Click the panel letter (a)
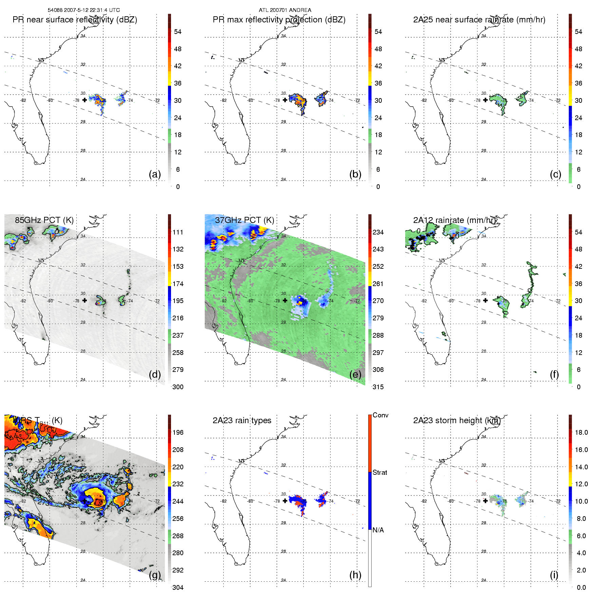pos(155,174)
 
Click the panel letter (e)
pos(355,375)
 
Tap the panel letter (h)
pos(355,575)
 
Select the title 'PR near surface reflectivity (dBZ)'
pos(75,20)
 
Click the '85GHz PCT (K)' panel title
pos(44,220)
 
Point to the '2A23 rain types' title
pos(242,420)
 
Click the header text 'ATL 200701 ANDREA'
pos(285,10)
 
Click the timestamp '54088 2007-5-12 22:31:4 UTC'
pos(84,10)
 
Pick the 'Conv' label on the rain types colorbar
pos(380,415)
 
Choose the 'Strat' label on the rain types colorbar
pos(380,473)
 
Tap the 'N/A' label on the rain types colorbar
pos(378,530)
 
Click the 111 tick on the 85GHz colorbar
pos(178,232)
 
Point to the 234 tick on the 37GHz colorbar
pos(378,232)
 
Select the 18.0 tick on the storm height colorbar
pos(581,433)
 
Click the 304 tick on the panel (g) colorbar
pos(178,587)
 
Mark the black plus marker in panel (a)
pos(84,100)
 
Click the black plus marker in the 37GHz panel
pos(285,300)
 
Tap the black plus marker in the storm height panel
pos(485,501)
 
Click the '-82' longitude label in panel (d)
pos(23,301)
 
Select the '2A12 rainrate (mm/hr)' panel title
pos(455,220)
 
